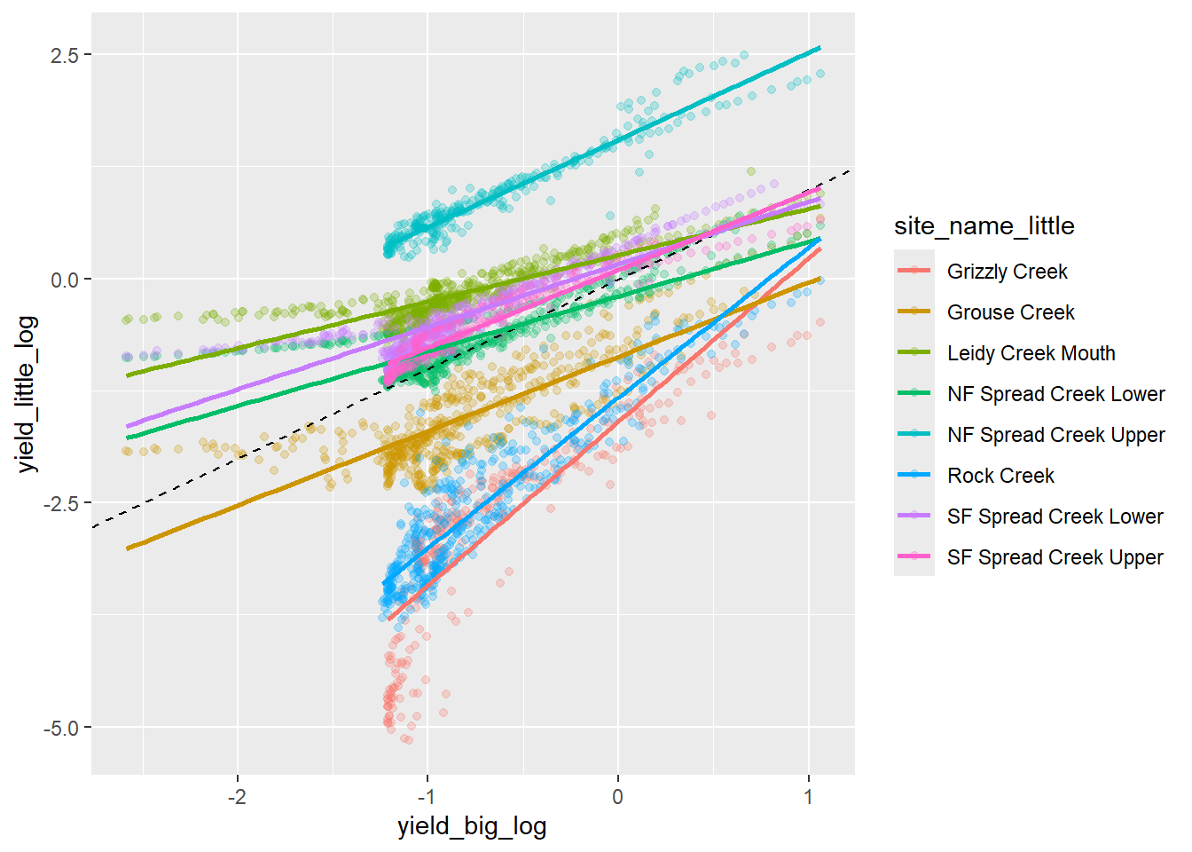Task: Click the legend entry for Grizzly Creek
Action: point(1007,272)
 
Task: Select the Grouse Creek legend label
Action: point(1010,312)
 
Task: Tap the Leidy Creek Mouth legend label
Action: point(1031,353)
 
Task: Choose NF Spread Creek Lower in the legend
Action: point(1055,394)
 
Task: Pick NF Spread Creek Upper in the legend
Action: point(1055,435)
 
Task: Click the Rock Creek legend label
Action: point(1000,476)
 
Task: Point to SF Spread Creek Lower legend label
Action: point(1055,517)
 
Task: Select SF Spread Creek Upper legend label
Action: point(1055,557)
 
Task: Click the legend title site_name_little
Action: point(984,226)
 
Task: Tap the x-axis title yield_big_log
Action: point(472,827)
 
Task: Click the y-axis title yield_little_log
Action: point(27,394)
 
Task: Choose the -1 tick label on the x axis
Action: point(426,796)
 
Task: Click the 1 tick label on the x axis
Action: point(808,796)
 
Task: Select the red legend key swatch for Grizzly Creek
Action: point(914,272)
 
